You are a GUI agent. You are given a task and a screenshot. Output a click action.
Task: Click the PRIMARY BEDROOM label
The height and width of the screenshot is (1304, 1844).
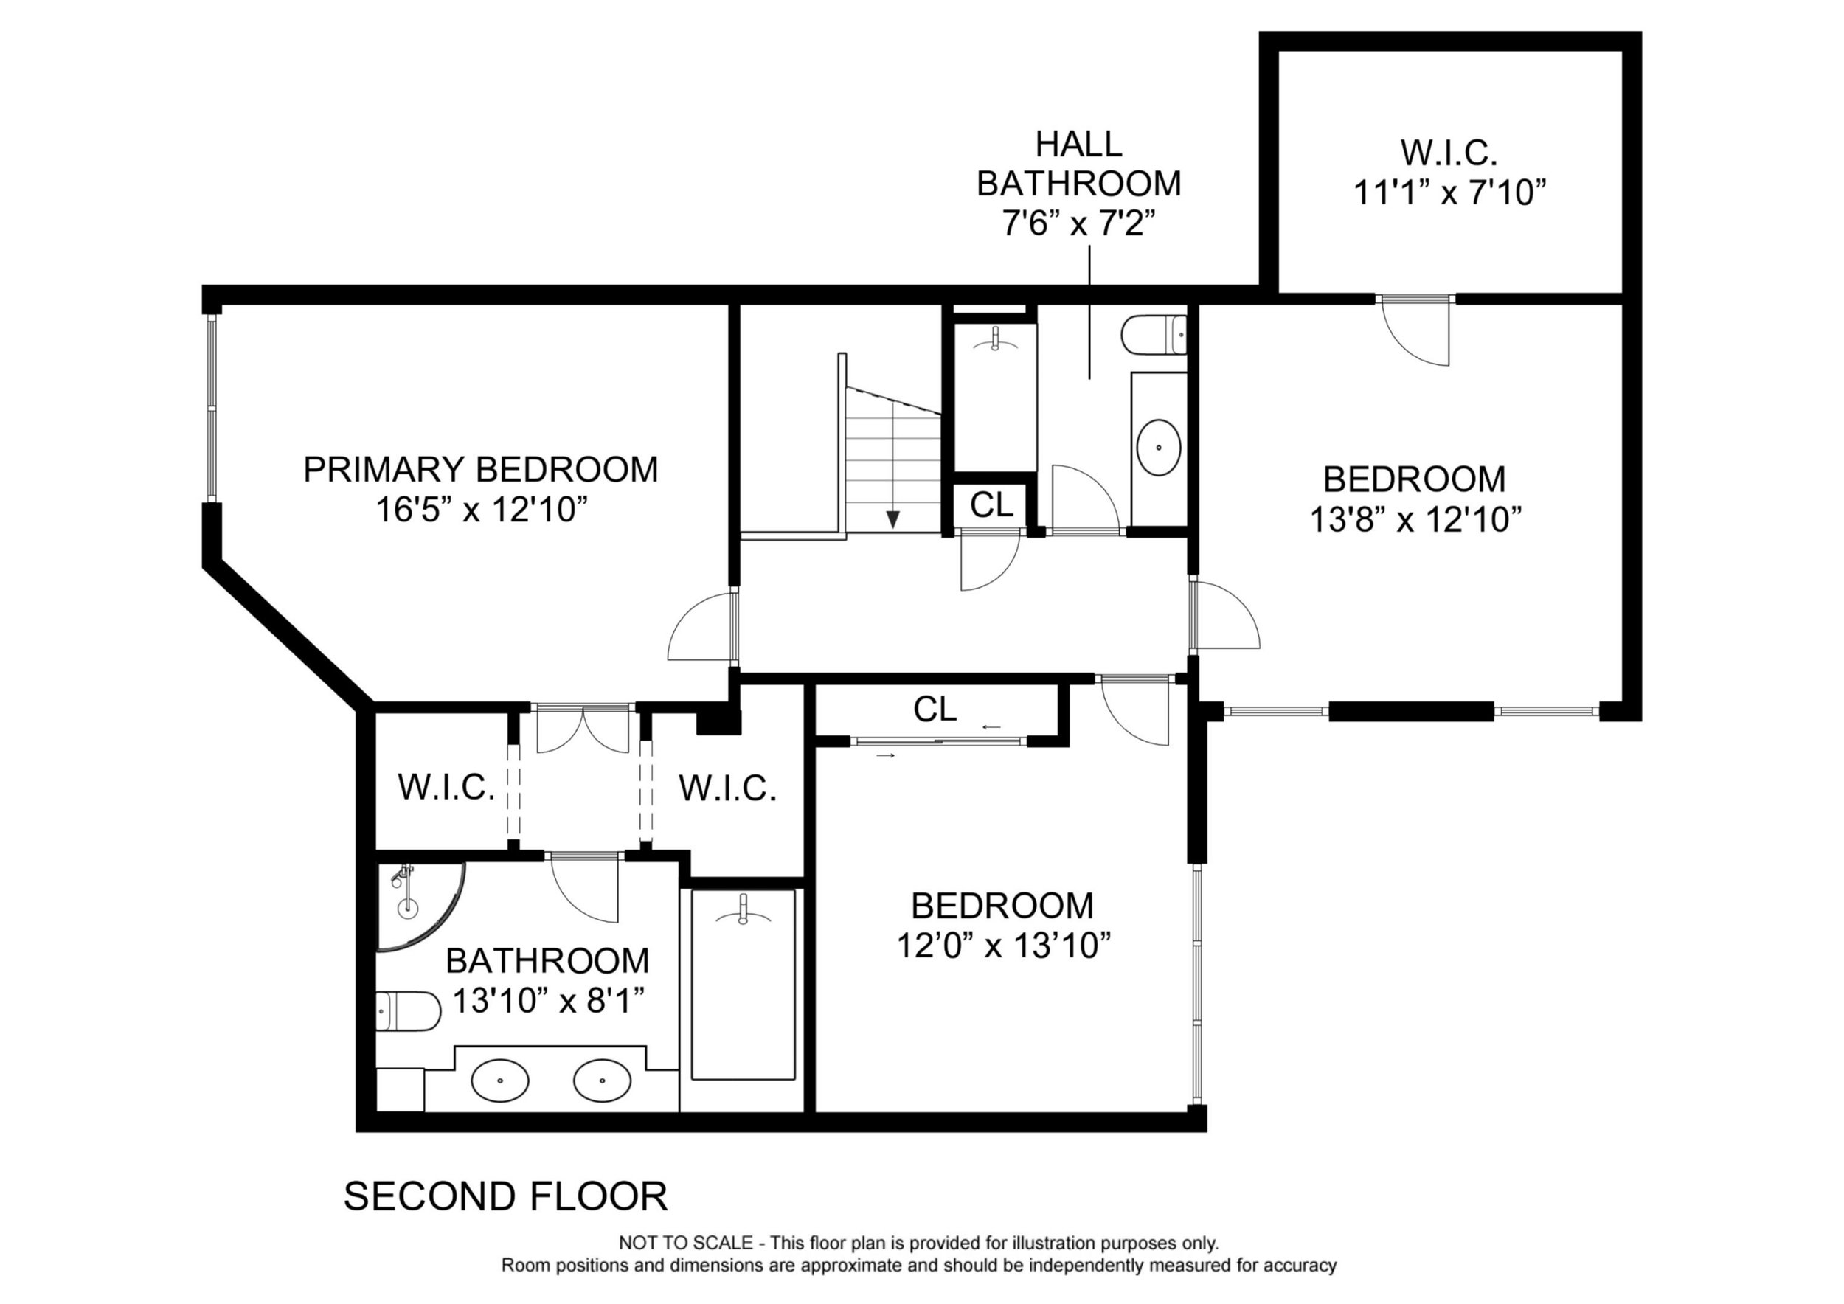[x=480, y=470]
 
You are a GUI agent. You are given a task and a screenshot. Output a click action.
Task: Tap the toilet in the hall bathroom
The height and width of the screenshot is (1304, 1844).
[x=1154, y=335]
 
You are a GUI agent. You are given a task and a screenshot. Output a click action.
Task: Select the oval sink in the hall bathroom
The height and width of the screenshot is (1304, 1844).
[x=1159, y=446]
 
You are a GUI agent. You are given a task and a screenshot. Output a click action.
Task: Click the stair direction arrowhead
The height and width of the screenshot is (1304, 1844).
[x=892, y=519]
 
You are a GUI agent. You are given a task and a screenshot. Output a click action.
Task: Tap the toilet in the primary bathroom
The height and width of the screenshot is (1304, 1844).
[x=408, y=1012]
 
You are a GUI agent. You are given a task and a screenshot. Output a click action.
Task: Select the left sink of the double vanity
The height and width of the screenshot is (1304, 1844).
[x=499, y=1080]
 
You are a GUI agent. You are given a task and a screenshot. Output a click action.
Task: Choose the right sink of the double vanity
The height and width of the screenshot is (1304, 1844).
[x=603, y=1080]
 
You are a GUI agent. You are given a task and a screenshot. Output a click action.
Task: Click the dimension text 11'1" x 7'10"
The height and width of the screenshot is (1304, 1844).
[x=1449, y=193]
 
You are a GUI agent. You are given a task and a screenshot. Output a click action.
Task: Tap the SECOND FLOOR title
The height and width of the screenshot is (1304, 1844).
[x=506, y=1196]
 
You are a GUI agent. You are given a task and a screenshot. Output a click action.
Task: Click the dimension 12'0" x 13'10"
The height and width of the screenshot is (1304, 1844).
[x=1003, y=946]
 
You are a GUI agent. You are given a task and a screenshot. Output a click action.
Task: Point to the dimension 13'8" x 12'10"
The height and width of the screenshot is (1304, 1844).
[x=1416, y=519]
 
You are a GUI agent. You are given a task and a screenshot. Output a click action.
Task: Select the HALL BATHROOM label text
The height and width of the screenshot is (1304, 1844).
[x=1078, y=164]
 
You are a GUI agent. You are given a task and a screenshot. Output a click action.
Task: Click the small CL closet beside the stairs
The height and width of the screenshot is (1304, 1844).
[x=991, y=505]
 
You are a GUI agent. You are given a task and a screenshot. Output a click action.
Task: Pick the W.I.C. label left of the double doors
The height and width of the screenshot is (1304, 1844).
[x=446, y=788]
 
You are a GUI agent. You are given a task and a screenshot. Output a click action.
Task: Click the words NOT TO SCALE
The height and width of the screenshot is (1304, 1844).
[x=685, y=1243]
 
